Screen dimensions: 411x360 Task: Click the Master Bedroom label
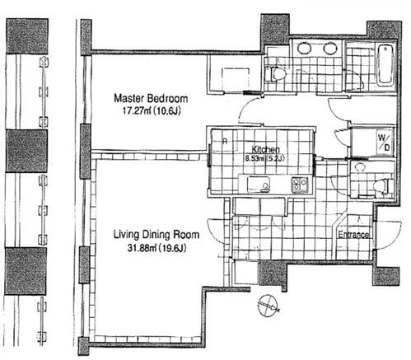(151, 98)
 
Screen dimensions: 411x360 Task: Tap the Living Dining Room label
(156, 235)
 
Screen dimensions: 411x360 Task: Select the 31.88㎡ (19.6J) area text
(157, 248)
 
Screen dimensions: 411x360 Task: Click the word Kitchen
(266, 150)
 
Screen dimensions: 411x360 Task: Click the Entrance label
(353, 235)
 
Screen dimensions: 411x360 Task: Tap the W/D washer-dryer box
(384, 142)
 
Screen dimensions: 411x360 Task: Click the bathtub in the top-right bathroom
(385, 66)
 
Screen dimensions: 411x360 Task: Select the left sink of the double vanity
(304, 49)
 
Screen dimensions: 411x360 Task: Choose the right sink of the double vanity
(330, 49)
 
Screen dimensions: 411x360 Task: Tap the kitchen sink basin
(258, 185)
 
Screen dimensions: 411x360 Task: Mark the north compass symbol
(269, 306)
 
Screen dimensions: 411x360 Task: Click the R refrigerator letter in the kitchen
(225, 142)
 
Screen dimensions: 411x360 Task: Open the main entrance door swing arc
(388, 235)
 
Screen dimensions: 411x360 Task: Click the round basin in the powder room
(359, 166)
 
